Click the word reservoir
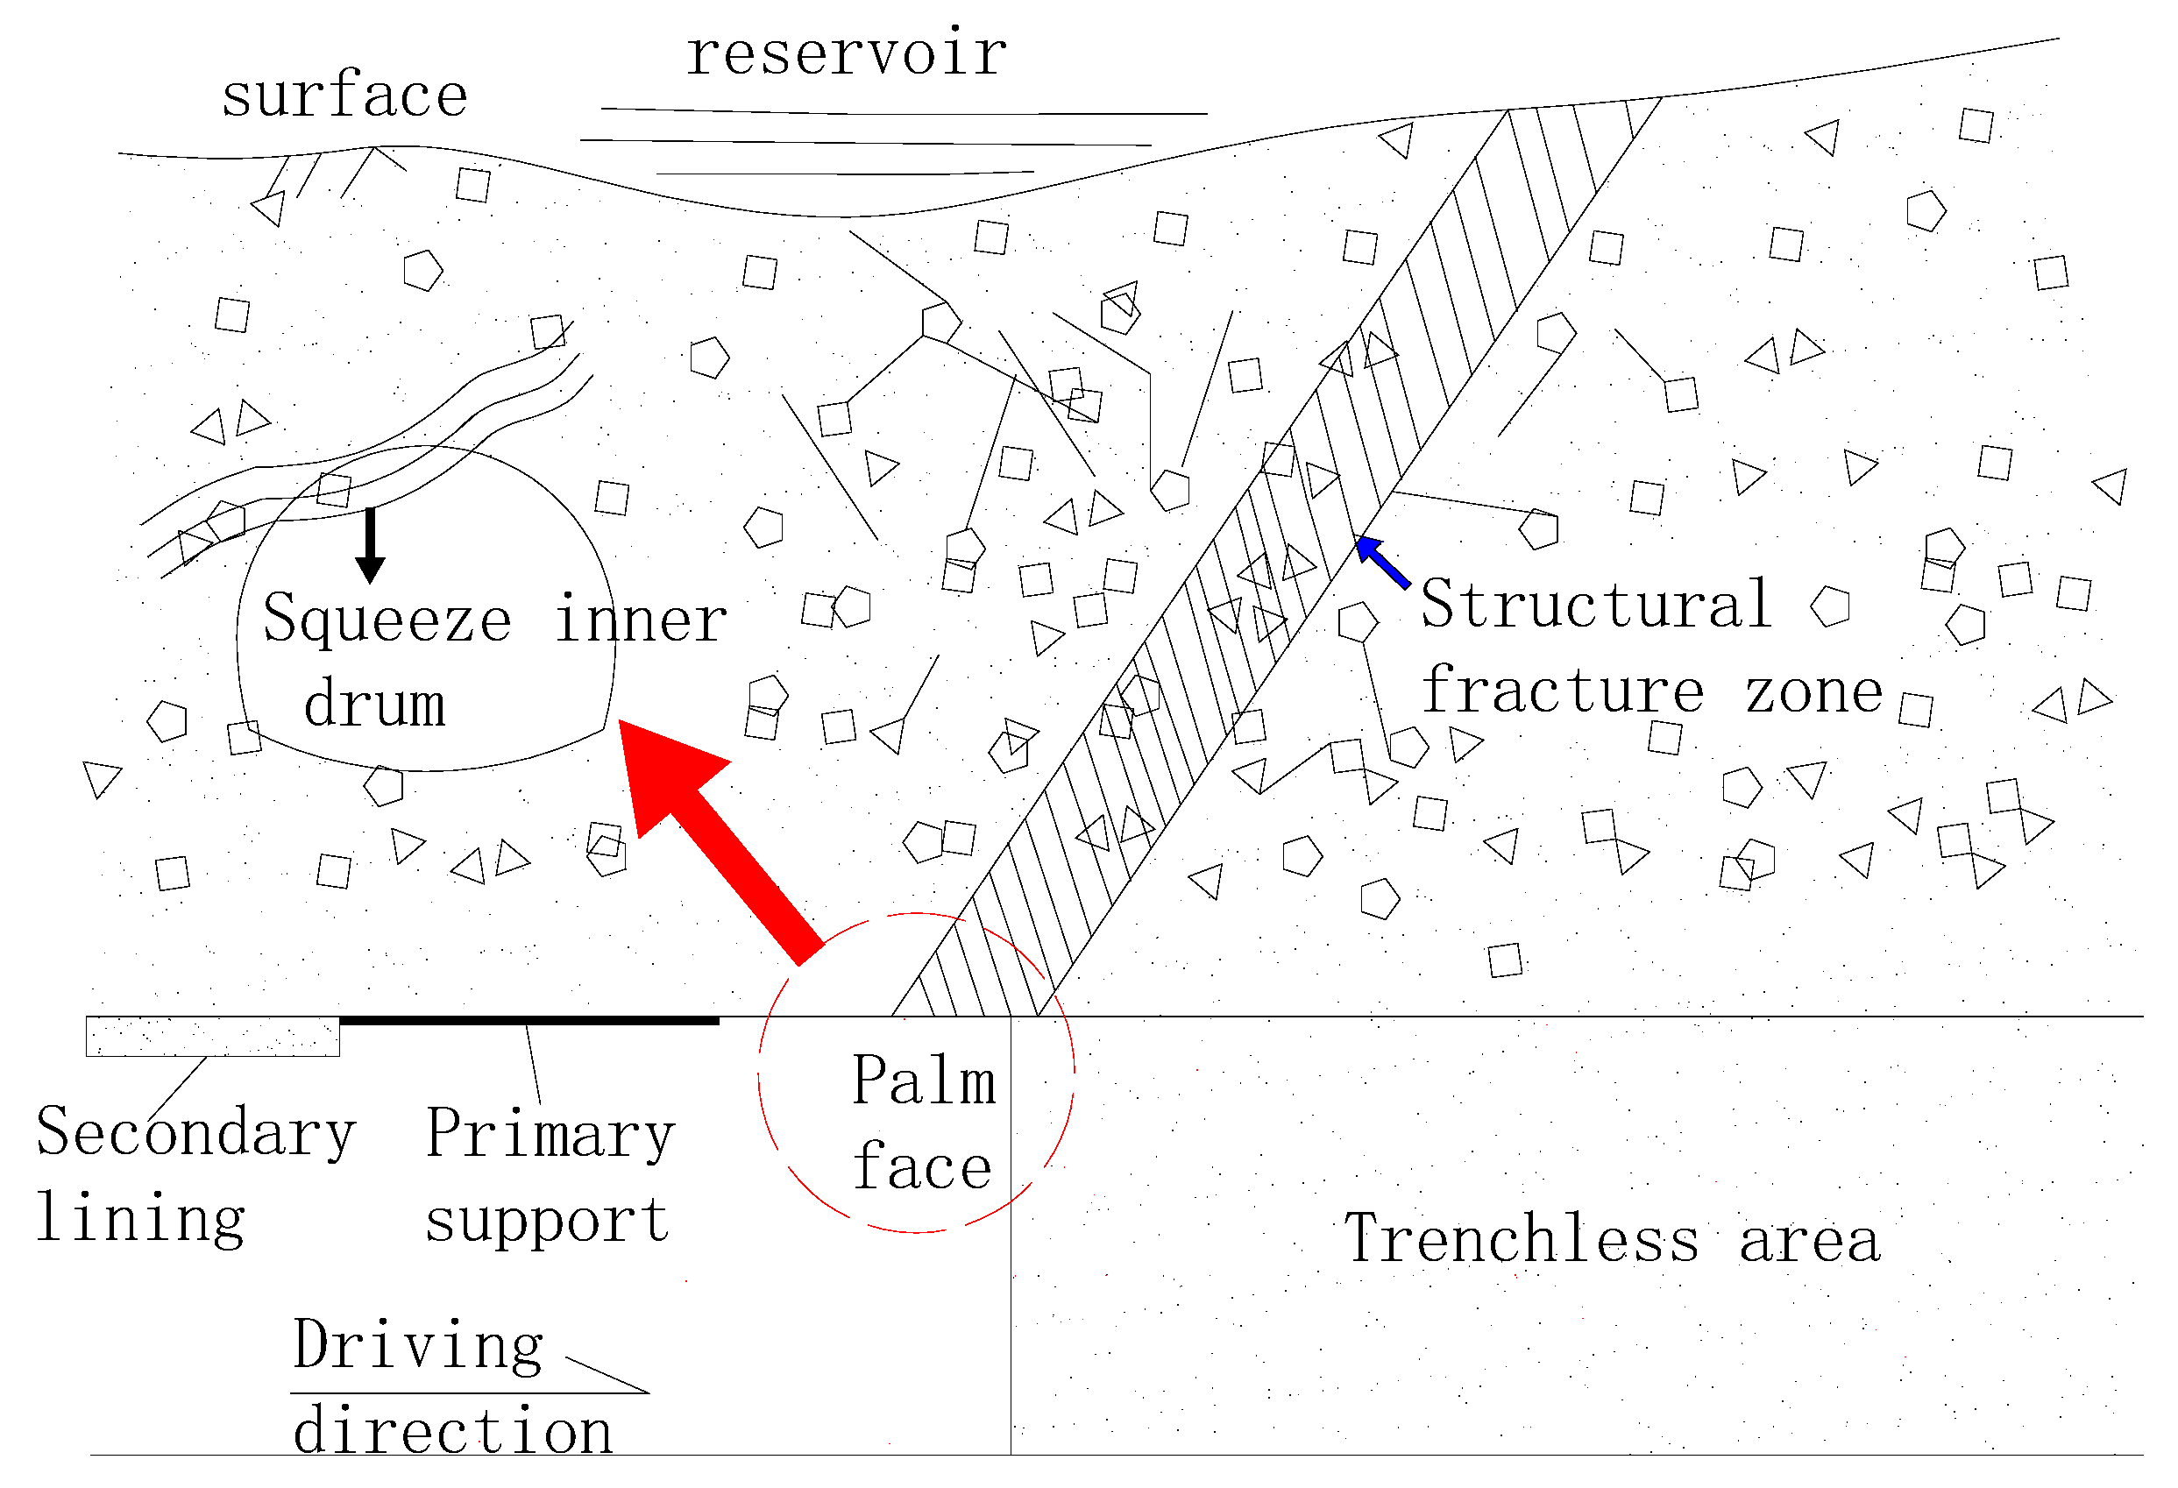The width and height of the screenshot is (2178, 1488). tap(847, 53)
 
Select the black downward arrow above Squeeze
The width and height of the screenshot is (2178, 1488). tap(370, 544)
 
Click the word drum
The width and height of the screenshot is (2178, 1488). tap(374, 704)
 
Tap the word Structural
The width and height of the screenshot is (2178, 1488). tap(1595, 605)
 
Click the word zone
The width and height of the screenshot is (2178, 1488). tap(1813, 693)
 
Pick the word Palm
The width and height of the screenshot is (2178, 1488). tap(923, 1081)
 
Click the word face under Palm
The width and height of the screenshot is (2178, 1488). tap(922, 1167)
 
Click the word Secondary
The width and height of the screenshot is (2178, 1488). tap(195, 1134)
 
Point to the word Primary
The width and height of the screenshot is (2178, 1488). tap(550, 1134)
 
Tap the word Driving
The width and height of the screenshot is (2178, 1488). tap(418, 1345)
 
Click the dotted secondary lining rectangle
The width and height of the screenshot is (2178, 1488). tap(213, 1037)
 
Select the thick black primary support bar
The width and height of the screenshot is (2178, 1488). tap(529, 1020)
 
